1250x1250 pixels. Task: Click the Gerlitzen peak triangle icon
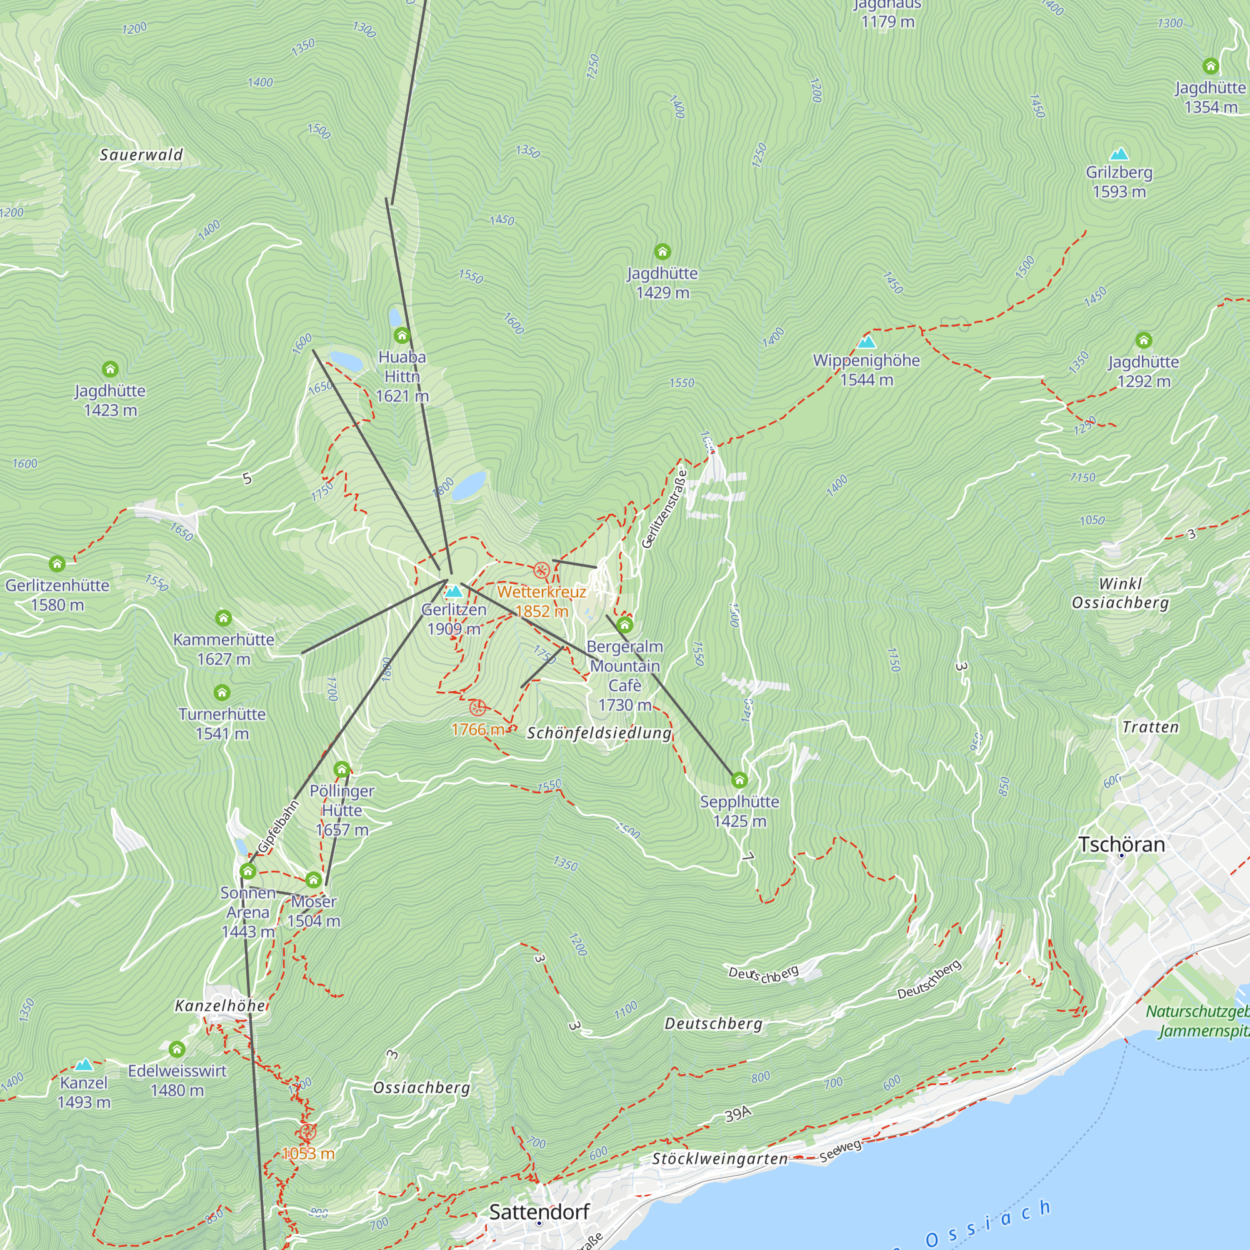point(454,591)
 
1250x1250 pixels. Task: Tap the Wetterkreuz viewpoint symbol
point(541,570)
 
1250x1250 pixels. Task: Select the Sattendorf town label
point(539,1212)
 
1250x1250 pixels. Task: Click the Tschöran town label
point(1121,844)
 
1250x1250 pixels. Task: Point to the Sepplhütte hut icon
point(739,780)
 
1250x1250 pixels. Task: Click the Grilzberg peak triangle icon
point(1119,154)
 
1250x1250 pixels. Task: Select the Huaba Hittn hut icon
point(402,335)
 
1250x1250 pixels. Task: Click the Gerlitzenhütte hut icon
point(57,564)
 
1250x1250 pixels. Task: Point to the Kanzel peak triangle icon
point(84,1064)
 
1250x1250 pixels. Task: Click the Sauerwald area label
point(141,154)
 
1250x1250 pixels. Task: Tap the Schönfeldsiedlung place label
point(599,732)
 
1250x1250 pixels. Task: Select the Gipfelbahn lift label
point(278,827)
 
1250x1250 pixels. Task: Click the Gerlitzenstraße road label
point(664,509)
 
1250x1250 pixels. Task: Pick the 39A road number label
point(737,1114)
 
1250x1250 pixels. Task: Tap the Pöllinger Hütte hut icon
point(342,769)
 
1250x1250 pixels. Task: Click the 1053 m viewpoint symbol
point(307,1132)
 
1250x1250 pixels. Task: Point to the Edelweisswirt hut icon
point(177,1049)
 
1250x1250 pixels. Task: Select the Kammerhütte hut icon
point(223,618)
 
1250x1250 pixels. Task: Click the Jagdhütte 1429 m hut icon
point(662,251)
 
